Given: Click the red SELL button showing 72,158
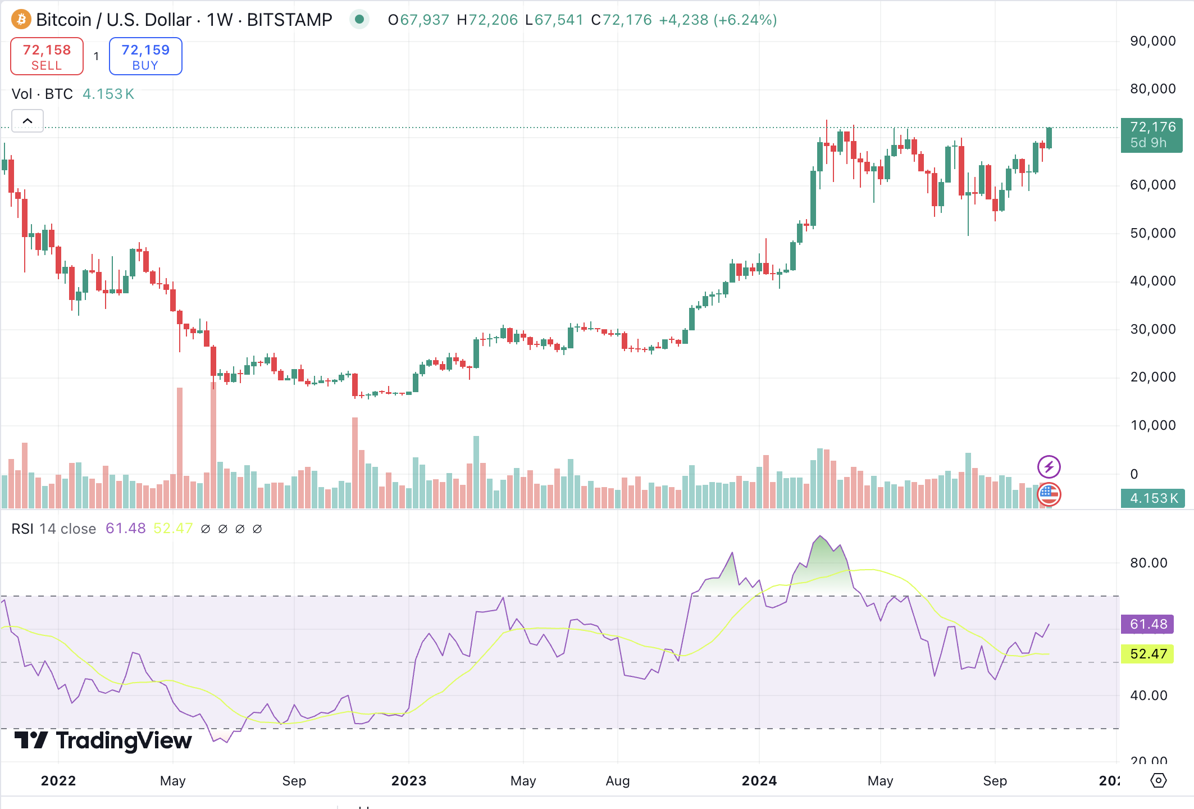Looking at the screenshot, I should point(47,56).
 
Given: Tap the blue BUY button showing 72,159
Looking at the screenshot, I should point(145,56).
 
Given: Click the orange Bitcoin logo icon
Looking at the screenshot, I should point(21,20).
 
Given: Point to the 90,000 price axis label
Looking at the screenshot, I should point(1152,41).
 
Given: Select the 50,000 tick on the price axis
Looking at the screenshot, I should point(1152,233).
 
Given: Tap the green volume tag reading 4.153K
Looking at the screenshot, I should point(1152,498).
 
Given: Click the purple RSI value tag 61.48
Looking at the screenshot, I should point(1148,624).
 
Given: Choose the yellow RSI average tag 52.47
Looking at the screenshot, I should point(1148,654).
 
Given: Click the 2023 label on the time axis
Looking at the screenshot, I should point(408,780).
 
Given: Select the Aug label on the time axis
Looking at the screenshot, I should point(617,780).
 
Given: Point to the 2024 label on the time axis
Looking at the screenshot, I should point(759,780).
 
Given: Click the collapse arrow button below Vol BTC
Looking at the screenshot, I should point(28,121).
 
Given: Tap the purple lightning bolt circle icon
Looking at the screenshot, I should point(1049,467).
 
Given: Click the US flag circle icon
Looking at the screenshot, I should point(1049,494).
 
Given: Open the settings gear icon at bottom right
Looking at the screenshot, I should point(1158,780).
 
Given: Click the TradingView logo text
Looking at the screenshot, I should point(103,740).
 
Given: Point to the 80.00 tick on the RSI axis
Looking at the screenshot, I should point(1148,563).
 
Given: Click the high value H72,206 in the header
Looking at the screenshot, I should point(487,20).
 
